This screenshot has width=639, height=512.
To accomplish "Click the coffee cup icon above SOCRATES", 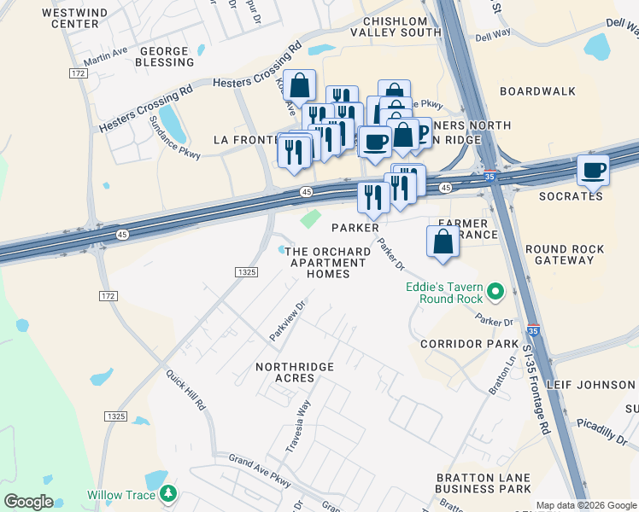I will [593, 170].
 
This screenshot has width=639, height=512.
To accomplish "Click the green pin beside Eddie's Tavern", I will [496, 293].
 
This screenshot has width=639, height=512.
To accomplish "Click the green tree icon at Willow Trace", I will [169, 494].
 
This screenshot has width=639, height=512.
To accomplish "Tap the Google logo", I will [28, 502].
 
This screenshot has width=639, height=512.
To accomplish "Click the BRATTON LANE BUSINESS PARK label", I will [483, 483].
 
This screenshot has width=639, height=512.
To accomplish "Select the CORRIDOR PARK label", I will [469, 343].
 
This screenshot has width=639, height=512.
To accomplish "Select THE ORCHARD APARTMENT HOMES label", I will [328, 262].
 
